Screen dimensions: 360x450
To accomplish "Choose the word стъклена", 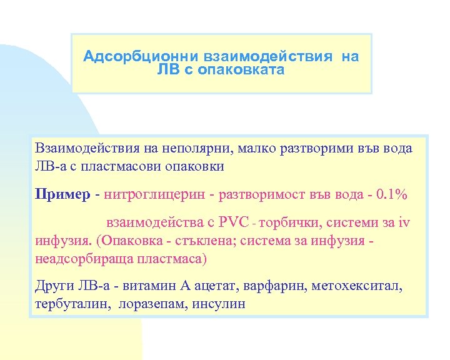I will point(210,240).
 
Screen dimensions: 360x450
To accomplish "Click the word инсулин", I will point(219,304).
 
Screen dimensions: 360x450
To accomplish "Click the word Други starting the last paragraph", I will point(53,286).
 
